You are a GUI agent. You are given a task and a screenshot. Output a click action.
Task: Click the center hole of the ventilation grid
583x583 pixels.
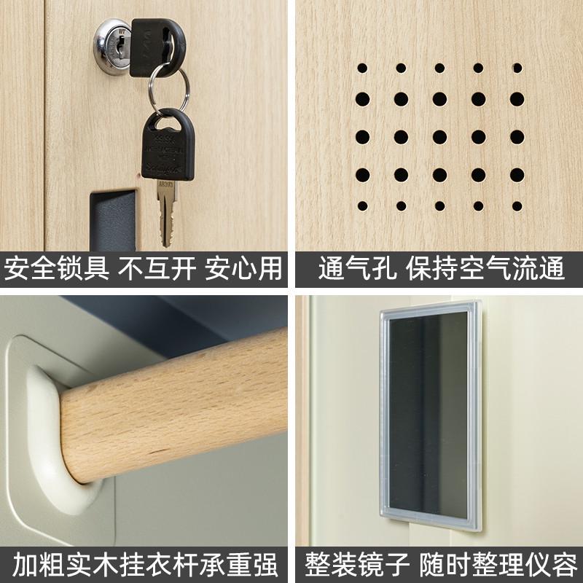click(439, 136)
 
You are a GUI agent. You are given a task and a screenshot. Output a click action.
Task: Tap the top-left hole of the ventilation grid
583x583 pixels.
click(362, 69)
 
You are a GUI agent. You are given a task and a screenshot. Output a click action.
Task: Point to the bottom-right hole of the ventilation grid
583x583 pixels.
click(517, 206)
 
